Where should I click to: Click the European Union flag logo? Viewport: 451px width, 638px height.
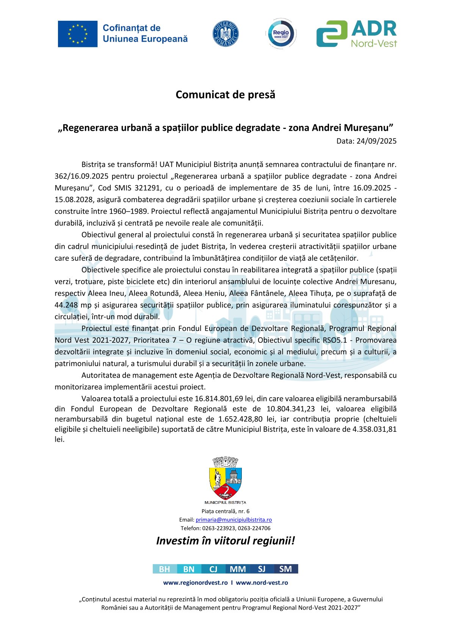pyautogui.click(x=78, y=34)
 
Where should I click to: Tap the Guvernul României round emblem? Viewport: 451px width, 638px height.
pyautogui.click(x=225, y=34)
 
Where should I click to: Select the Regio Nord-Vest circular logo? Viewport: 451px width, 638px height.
pyautogui.click(x=281, y=34)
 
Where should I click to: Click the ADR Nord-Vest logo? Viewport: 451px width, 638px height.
pyautogui.click(x=356, y=34)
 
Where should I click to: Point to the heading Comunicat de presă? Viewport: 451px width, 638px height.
pyautogui.click(x=225, y=94)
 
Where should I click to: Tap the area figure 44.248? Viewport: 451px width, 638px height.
pyautogui.click(x=66, y=305)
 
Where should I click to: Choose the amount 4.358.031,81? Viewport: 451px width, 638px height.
pyautogui.click(x=374, y=429)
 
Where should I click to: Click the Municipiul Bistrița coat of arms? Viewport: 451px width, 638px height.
pyautogui.click(x=225, y=479)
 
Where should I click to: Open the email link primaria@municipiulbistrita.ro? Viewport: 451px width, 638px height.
pyautogui.click(x=233, y=520)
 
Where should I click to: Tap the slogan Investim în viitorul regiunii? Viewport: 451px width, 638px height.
pyautogui.click(x=225, y=541)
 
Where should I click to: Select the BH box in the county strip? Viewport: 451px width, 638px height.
pyautogui.click(x=164, y=569)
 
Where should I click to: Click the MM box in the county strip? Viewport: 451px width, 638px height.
pyautogui.click(x=238, y=569)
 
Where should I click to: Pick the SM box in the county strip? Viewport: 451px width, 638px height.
pyautogui.click(x=286, y=569)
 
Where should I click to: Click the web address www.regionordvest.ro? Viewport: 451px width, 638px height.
pyautogui.click(x=195, y=583)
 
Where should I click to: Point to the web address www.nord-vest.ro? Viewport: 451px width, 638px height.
pyautogui.click(x=262, y=583)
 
